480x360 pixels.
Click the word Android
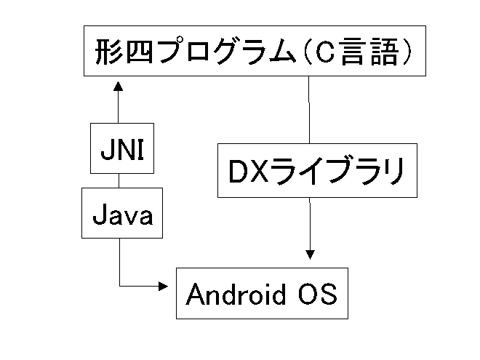(x=237, y=294)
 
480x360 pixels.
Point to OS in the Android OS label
(x=317, y=294)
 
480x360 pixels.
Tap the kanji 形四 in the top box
(x=120, y=53)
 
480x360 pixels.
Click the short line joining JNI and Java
(x=119, y=180)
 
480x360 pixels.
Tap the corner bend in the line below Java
(x=119, y=286)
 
